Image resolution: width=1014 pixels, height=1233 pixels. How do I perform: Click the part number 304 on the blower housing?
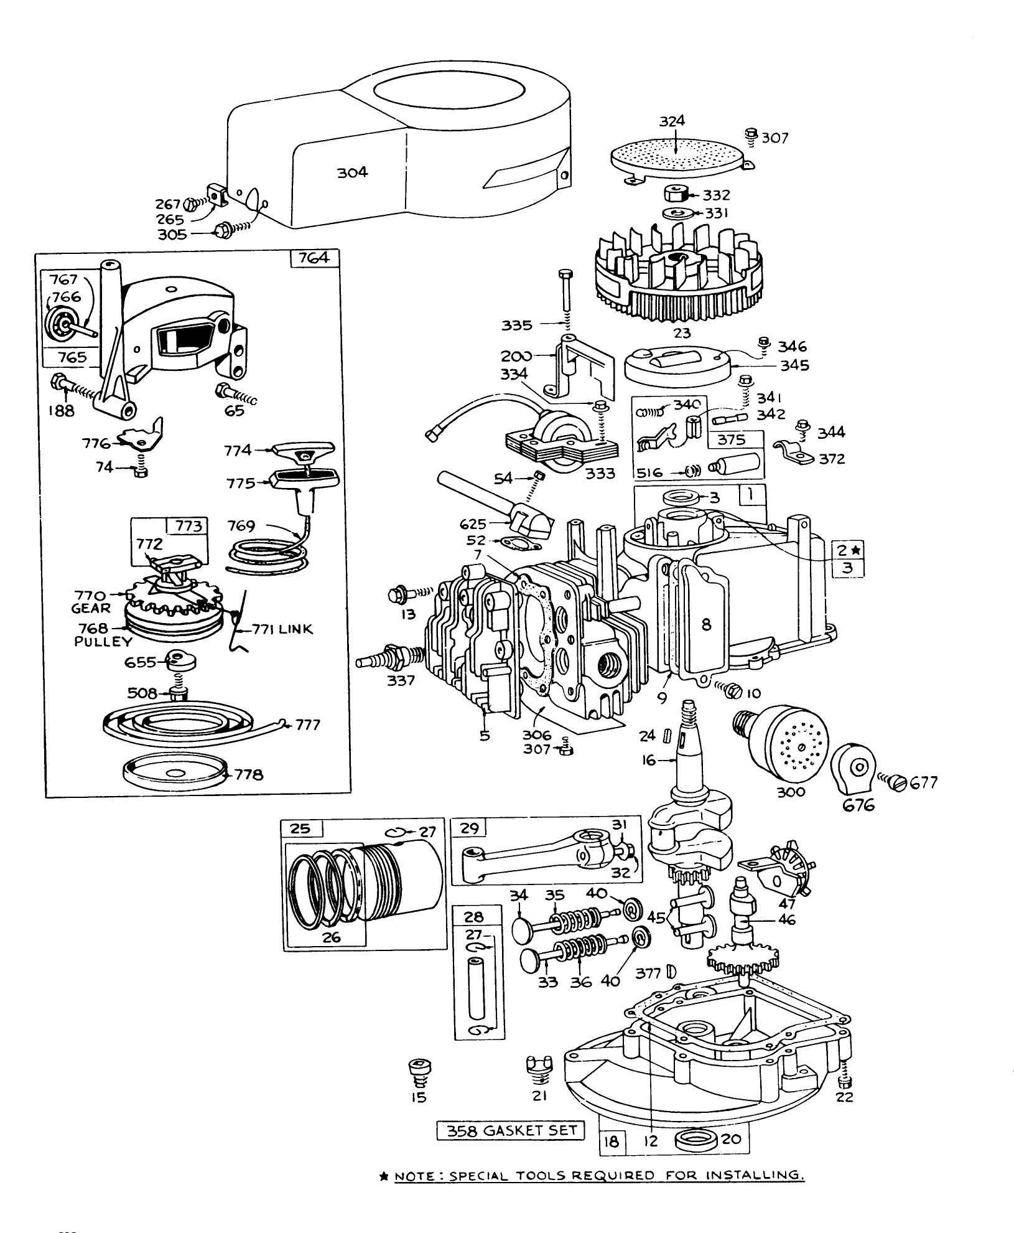click(352, 172)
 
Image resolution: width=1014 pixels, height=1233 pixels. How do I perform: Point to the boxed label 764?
click(314, 257)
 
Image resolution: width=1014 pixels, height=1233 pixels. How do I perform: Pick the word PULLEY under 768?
click(103, 642)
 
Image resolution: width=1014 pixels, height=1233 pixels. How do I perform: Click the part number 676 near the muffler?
click(859, 805)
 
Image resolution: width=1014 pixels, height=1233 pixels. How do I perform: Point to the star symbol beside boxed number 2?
click(856, 550)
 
